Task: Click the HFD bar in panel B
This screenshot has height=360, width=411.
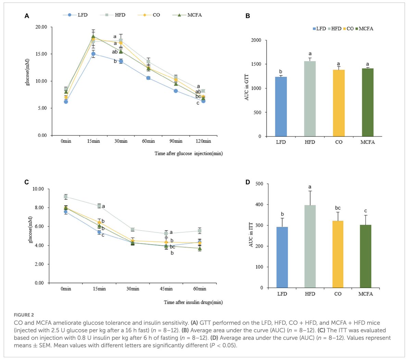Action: point(310,99)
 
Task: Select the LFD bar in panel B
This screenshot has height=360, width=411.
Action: point(281,107)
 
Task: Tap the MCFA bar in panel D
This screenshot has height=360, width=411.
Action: point(365,256)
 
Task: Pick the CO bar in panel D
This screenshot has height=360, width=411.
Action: point(338,254)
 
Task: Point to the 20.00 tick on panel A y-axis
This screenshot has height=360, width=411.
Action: point(41,27)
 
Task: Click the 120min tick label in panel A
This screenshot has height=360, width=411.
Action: point(203,141)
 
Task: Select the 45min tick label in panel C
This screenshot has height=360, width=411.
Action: point(166,289)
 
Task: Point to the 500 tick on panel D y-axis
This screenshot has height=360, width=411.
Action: point(259,184)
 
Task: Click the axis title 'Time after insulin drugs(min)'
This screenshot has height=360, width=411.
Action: point(193,302)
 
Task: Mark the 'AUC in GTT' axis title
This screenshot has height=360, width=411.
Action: point(247,88)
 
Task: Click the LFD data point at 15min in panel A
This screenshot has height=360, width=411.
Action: point(93,54)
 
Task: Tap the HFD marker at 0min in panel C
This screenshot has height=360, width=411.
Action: point(66,197)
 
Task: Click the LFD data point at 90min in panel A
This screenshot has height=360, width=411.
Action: point(176,91)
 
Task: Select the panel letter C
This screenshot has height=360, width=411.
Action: point(26,182)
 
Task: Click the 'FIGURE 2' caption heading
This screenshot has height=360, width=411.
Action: point(24,315)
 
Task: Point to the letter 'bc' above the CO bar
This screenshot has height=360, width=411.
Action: point(338,208)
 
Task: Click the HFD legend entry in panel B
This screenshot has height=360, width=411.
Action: point(334,29)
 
